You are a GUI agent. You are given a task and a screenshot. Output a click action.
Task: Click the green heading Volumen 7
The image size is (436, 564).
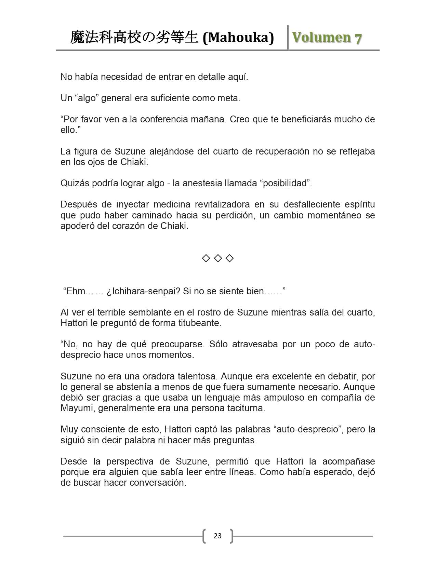(327, 38)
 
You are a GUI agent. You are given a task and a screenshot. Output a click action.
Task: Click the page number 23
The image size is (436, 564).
(217, 536)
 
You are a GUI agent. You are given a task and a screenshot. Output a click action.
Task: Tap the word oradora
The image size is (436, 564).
(153, 376)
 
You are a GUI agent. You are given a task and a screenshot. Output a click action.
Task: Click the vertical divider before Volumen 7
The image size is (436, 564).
(288, 38)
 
